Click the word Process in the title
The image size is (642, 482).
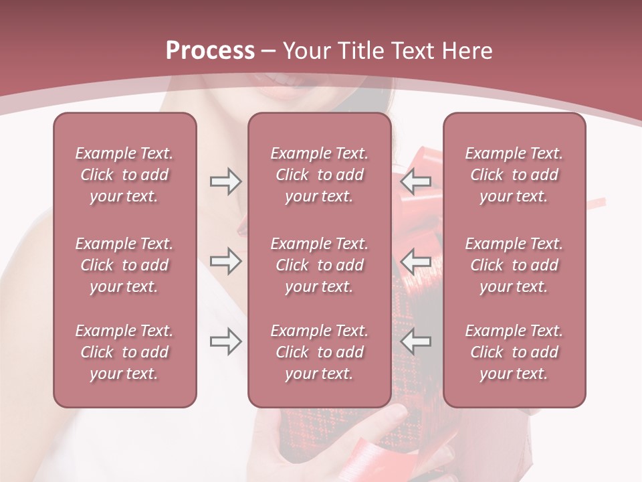210,51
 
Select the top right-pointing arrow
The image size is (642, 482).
225,181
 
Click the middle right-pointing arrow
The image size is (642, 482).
225,261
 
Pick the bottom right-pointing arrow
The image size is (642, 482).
225,341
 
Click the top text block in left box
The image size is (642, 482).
124,175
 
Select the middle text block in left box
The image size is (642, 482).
124,265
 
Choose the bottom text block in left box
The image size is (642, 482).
124,352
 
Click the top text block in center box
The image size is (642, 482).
319,175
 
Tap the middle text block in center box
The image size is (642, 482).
319,265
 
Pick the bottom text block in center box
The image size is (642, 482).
319,352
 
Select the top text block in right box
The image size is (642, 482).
514,175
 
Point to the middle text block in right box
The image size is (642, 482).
514,265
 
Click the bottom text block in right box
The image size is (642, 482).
514,352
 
